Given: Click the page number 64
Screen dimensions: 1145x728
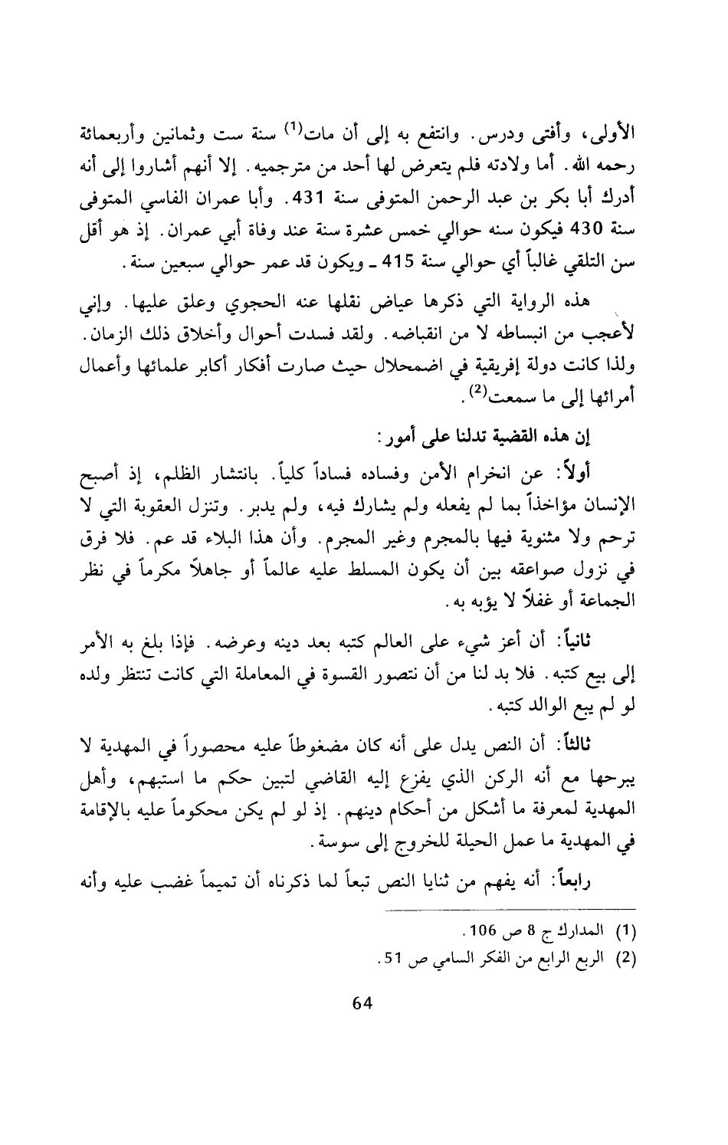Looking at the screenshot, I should (x=360, y=1005).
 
